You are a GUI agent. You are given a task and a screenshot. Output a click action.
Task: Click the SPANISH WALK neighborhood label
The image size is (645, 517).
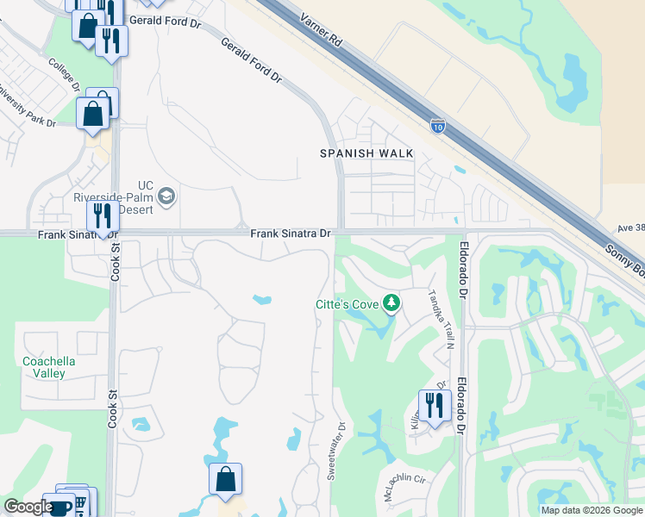pos(366,153)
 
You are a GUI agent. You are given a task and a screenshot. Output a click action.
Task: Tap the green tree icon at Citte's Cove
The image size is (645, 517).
pos(391,303)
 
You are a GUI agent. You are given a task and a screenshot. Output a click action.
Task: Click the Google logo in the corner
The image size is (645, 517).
pos(28,507)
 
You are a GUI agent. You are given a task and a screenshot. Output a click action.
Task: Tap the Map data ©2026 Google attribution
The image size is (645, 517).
pos(592,510)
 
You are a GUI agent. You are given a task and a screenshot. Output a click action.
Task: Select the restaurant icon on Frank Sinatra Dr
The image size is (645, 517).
pos(102,216)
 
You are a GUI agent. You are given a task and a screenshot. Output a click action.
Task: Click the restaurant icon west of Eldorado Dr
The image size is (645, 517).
pos(434,405)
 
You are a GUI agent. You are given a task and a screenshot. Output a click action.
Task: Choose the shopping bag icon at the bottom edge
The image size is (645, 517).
pos(225,479)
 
